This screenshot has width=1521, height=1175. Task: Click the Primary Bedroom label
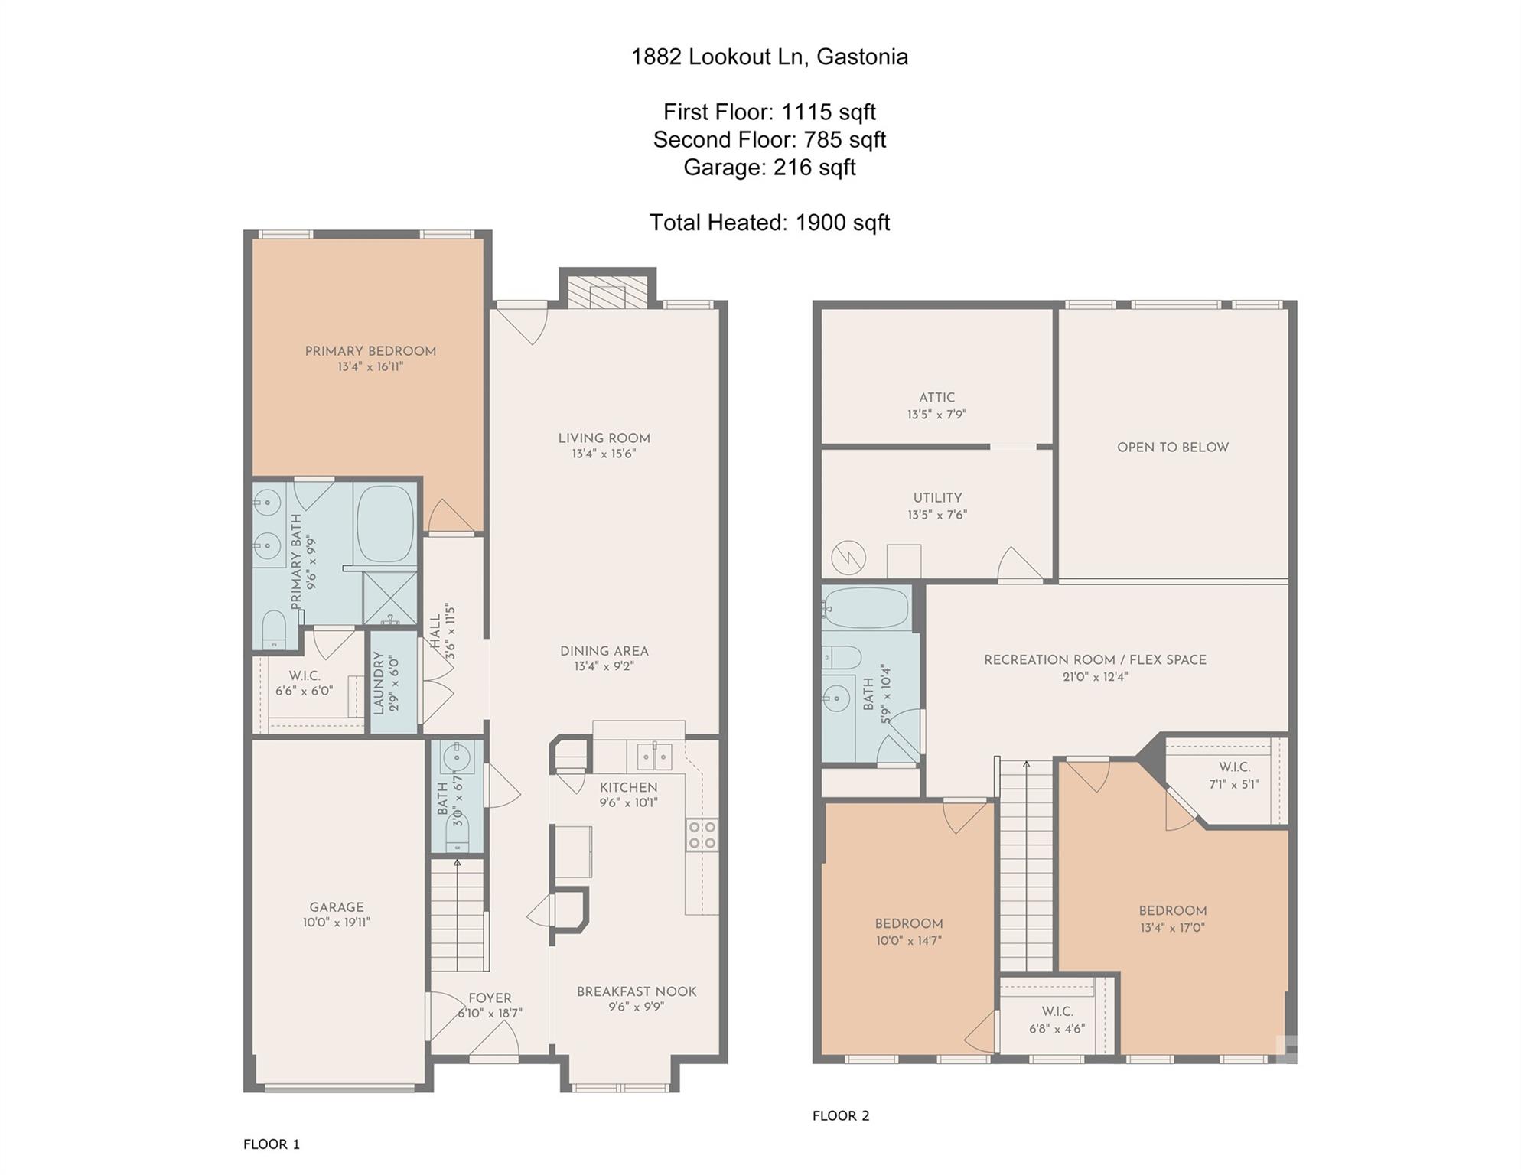tap(370, 351)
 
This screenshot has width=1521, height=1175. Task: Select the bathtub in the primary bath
tap(386, 524)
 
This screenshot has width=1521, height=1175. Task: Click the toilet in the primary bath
tap(274, 629)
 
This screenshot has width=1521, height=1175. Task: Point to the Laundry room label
tap(378, 683)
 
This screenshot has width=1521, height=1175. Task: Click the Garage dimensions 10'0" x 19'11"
tap(337, 923)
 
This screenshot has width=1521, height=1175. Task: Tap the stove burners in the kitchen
tap(702, 835)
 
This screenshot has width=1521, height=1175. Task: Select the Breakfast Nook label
tap(637, 991)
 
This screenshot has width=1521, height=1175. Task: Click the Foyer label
tap(490, 998)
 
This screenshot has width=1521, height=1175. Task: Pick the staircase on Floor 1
tap(458, 915)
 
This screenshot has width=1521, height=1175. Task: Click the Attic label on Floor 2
tap(937, 398)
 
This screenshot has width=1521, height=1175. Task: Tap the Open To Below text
tap(1173, 448)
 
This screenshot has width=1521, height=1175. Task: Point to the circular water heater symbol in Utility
tap(848, 557)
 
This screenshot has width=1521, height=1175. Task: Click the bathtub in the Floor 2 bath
tap(868, 608)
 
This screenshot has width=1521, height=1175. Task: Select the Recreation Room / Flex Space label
tap(1095, 659)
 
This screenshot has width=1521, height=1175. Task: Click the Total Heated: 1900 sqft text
tap(770, 223)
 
